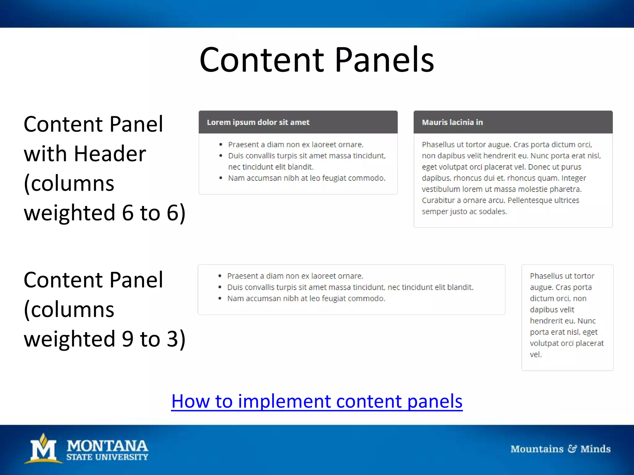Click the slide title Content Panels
pyautogui.click(x=317, y=59)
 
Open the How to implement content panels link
pyautogui.click(x=317, y=401)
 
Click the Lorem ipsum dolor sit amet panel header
pyautogui.click(x=258, y=122)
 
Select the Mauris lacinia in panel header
pyautogui.click(x=452, y=122)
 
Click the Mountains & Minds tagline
pyautogui.click(x=560, y=449)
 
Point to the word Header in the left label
pyautogui.click(x=110, y=154)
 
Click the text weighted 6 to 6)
pyautogui.click(x=104, y=213)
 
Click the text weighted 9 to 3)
pyautogui.click(x=104, y=339)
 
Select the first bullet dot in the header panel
pyautogui.click(x=221, y=145)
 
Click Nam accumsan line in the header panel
pyautogui.click(x=306, y=178)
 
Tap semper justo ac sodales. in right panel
pyautogui.click(x=464, y=212)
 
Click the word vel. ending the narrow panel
pyautogui.click(x=536, y=354)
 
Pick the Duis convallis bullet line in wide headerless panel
pyautogui.click(x=350, y=287)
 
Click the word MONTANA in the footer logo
pyautogui.click(x=107, y=446)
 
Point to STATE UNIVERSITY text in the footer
pyautogui.click(x=107, y=457)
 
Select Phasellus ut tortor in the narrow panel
pyautogui.click(x=562, y=276)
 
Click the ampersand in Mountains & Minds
pyautogui.click(x=572, y=449)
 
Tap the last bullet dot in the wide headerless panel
pyautogui.click(x=220, y=299)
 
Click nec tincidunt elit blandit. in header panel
pyautogui.click(x=271, y=167)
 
